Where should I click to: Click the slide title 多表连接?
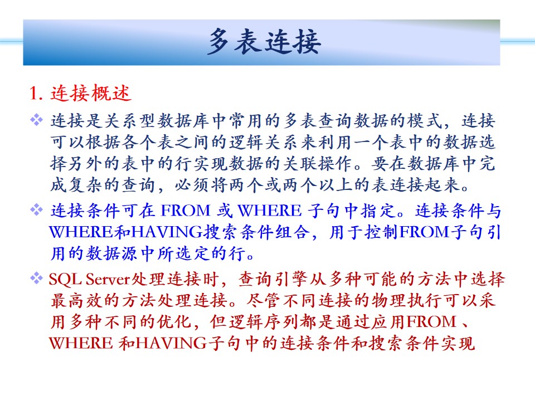pos(264,42)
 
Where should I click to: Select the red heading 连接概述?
pos(91,93)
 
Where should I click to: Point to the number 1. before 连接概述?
pos(36,93)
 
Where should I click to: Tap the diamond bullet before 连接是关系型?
pos(37,120)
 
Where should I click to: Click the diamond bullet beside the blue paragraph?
pos(37,209)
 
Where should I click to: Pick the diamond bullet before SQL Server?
pos(37,278)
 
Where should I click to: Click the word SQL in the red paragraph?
pos(65,280)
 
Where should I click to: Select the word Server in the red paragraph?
pos(108,280)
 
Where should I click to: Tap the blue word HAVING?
pos(167,232)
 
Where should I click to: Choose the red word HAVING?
pos(171,343)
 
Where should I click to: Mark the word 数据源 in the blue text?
pos(113,254)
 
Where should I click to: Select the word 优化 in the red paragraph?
pos(174,321)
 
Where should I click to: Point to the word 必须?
pos(193,185)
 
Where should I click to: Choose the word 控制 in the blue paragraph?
pos(381,232)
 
